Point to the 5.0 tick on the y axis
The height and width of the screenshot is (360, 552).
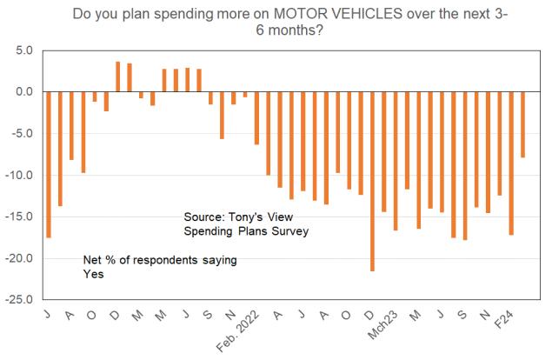[23, 50]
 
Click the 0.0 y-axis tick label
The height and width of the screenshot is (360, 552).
[23, 92]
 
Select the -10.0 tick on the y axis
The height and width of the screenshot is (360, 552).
[19, 176]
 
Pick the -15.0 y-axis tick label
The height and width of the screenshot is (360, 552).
[19, 217]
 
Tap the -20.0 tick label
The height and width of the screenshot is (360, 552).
[19, 259]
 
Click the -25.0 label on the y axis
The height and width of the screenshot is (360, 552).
[19, 301]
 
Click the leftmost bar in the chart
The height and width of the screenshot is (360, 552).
[49, 164]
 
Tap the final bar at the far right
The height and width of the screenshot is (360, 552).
[523, 124]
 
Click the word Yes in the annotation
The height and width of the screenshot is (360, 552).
[92, 273]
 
